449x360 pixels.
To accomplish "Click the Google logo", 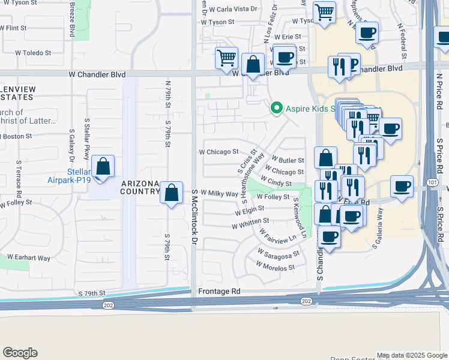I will pyautogui.click(x=20, y=353).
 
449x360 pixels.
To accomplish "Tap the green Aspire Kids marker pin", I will pyautogui.click(x=276, y=108).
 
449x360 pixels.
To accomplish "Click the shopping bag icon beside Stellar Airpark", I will pyautogui.click(x=103, y=167).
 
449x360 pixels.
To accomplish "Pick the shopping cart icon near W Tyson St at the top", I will pyautogui.click(x=324, y=12).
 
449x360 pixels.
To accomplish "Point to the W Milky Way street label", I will pyautogui.click(x=219, y=193).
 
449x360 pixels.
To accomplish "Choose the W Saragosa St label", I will pyautogui.click(x=279, y=254).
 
